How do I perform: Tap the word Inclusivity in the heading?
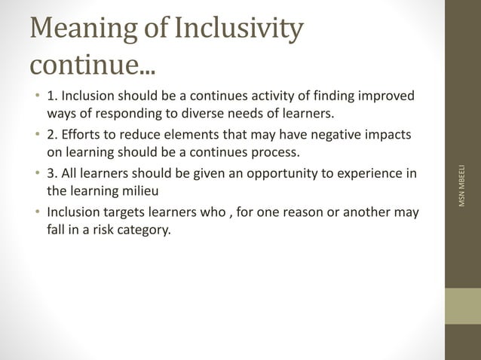coord(239,30)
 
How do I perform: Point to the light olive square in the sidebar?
coord(463,306)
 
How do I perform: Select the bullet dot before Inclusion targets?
coord(38,212)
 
